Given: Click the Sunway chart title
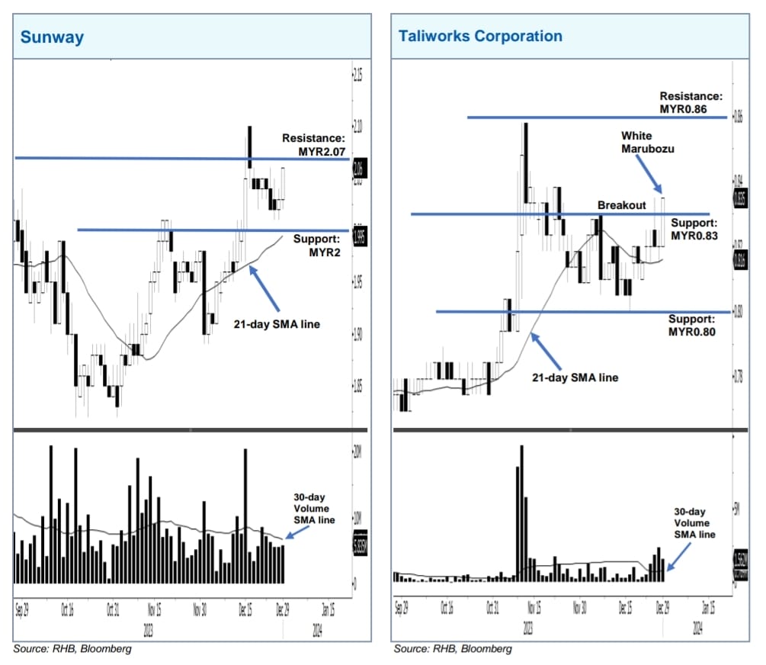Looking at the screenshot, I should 52,37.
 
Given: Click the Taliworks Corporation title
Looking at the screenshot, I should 480,36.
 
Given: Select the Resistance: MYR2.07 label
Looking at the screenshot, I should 313,146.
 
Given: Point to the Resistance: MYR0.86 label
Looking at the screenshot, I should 689,103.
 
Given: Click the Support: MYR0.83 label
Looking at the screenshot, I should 694,230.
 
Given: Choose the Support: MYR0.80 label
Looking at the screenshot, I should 692,326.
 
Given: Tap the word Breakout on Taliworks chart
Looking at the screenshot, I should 621,205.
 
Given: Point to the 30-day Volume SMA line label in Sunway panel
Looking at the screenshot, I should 314,508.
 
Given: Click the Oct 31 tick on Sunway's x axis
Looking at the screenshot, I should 112,610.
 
